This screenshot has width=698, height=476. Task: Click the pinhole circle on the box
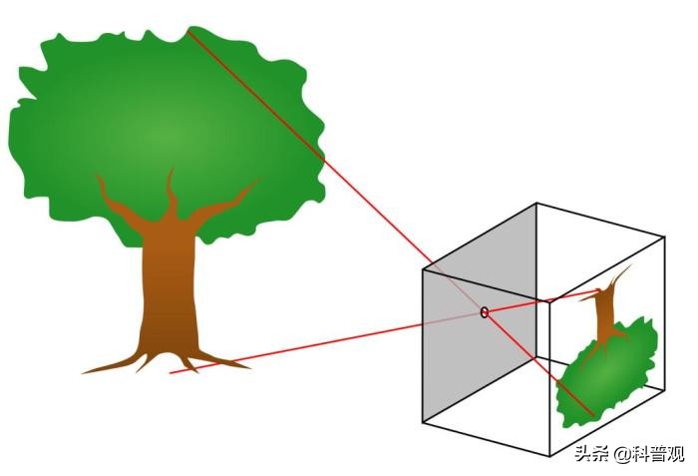click(x=485, y=312)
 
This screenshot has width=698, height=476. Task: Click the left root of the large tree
click(x=114, y=364)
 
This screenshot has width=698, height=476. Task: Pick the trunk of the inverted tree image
click(x=605, y=312)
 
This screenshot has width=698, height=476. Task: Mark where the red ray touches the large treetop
click(x=188, y=30)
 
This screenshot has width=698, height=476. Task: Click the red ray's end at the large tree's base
click(x=171, y=372)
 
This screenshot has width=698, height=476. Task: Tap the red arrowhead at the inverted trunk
click(x=598, y=292)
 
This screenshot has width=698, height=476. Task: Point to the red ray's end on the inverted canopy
click(x=594, y=416)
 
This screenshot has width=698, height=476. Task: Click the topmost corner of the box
click(x=536, y=204)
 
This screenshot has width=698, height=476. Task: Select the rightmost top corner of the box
click(x=665, y=238)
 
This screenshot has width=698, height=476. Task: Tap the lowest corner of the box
click(x=550, y=456)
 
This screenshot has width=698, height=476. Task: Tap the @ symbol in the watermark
click(x=622, y=455)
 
